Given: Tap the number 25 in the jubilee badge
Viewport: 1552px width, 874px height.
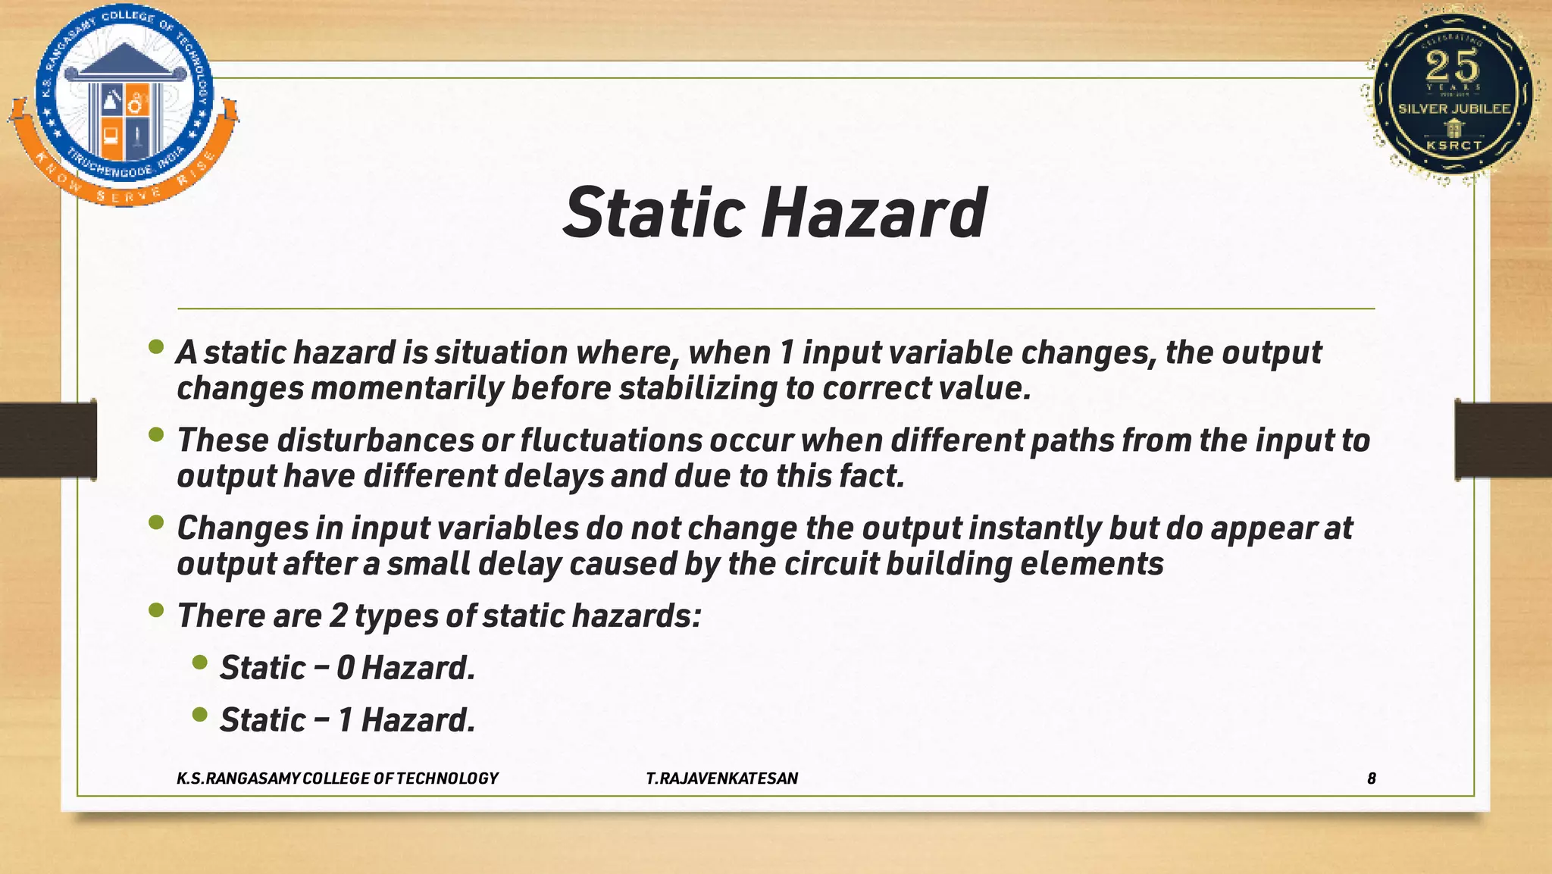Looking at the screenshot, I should coord(1452,67).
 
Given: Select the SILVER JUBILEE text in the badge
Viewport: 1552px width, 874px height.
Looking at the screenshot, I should coord(1454,109).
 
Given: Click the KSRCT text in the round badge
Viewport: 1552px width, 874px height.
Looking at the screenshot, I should coord(1453,145).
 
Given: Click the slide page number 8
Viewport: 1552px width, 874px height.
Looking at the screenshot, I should coord(1371,778).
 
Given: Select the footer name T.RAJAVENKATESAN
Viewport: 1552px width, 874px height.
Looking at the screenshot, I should coord(721,778).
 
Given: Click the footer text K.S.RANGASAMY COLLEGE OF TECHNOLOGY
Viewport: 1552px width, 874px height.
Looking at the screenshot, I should coord(337,778).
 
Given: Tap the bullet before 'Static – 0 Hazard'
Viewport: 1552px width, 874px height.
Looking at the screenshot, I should coord(199,663).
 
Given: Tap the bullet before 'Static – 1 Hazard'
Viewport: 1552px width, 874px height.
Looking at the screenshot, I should coord(199,714).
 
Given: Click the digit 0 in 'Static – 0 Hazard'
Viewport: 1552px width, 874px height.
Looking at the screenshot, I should coord(345,668).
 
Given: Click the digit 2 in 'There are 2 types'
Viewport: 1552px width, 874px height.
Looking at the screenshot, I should coord(337,616).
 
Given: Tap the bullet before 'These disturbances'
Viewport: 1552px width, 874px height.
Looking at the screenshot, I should coord(156,435).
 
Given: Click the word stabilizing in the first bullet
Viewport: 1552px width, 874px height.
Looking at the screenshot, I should coord(697,388).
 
